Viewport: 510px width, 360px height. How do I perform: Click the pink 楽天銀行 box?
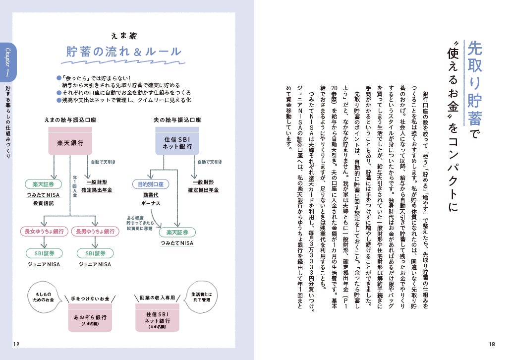click(70, 143)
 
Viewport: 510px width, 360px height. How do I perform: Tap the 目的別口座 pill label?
click(150, 184)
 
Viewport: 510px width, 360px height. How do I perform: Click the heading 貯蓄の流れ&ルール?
click(124, 53)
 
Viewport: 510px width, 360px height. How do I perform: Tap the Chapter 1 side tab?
click(8, 62)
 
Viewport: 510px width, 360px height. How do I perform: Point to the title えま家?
click(124, 36)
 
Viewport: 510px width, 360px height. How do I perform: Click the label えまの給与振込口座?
click(70, 120)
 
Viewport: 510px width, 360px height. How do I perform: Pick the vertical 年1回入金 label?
click(75, 185)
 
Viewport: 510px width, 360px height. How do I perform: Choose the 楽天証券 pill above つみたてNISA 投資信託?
click(43, 184)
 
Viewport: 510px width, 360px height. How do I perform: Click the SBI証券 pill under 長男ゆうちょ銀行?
click(94, 253)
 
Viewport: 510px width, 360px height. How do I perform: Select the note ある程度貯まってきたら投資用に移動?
click(140, 223)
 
